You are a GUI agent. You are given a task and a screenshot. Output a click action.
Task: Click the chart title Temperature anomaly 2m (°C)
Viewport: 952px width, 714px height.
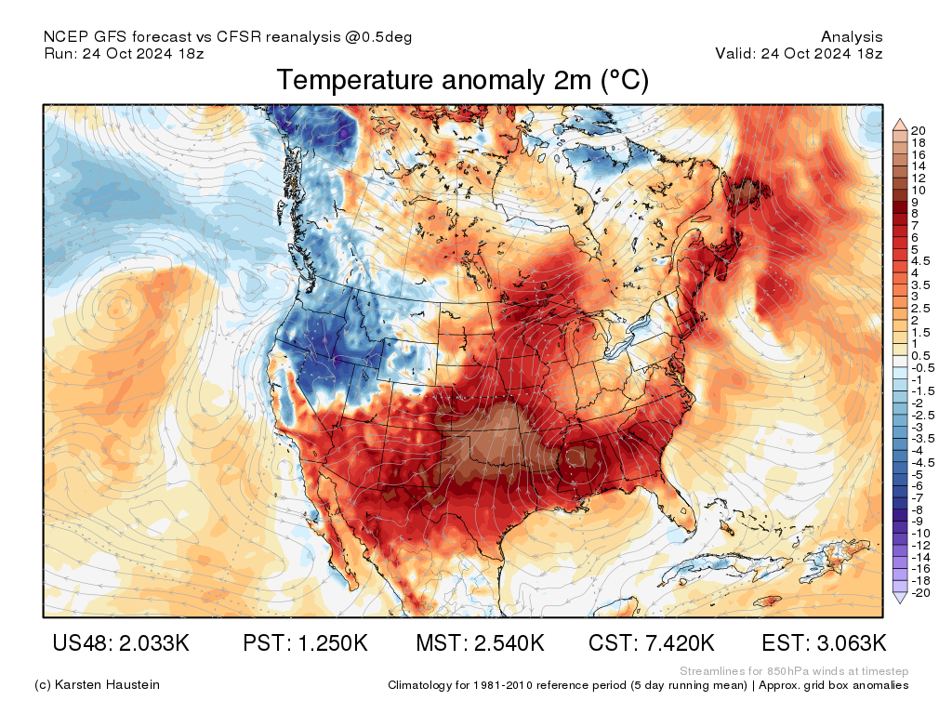(462, 81)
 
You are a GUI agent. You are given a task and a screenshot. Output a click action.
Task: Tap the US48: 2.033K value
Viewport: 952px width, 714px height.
(121, 643)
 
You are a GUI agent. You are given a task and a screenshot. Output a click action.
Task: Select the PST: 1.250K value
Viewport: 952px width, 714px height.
(305, 643)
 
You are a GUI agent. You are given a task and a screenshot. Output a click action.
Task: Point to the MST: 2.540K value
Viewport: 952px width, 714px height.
(480, 643)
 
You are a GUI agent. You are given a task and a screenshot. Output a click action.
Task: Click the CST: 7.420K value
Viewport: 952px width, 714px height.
(652, 643)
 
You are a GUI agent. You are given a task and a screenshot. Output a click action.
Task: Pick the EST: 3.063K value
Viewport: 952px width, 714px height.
(824, 643)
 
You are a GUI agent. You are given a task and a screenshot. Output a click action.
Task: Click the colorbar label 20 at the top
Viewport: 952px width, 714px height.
(919, 130)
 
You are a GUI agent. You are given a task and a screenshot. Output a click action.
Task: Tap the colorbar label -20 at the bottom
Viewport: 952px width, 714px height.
(920, 592)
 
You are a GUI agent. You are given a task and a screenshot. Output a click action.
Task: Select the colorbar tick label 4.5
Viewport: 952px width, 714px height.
(920, 261)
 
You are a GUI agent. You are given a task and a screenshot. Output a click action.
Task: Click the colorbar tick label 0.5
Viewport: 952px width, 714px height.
(920, 356)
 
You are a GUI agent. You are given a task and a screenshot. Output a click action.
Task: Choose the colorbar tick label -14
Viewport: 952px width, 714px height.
(920, 556)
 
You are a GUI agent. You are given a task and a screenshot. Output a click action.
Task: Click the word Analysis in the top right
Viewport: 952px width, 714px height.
(852, 37)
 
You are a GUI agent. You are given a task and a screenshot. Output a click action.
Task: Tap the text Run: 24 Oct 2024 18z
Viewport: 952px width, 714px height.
(124, 54)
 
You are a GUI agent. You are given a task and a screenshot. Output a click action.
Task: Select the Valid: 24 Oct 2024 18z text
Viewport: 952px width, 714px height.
(799, 54)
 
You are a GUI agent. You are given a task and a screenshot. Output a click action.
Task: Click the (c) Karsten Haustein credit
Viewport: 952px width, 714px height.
(97, 685)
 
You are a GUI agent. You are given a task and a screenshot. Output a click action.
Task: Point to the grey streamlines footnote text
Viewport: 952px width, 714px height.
(794, 671)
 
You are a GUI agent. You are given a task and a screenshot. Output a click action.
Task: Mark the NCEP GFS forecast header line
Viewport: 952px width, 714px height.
(228, 37)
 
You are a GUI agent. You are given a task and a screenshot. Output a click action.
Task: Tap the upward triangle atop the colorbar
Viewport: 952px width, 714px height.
(900, 124)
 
